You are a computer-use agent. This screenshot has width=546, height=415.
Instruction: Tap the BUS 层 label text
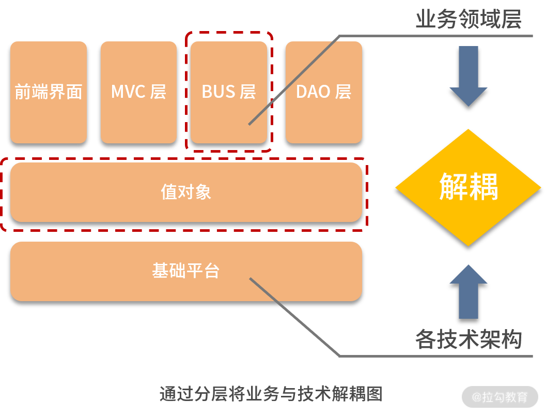coord(229,92)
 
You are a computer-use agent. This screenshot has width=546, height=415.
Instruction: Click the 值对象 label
coord(186,192)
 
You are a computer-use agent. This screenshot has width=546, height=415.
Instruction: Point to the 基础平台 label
coord(186,271)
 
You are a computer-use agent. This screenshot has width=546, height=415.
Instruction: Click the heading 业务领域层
coord(468,20)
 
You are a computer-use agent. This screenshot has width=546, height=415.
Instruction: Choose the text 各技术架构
coord(468,339)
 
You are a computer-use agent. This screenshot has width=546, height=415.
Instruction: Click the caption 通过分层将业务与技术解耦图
coord(271,394)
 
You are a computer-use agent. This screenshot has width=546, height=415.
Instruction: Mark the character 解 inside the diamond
coord(454,187)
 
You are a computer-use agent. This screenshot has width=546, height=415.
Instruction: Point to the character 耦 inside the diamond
coord(483,187)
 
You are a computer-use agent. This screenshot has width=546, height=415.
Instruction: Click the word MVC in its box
coord(128,92)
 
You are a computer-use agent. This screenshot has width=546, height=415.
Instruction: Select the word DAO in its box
coord(313,92)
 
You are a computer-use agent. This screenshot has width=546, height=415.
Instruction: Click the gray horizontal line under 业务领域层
coord(439,36)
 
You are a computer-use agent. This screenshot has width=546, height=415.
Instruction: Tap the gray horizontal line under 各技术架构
coord(439,356)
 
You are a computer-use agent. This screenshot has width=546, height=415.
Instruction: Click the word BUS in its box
coord(218,92)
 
